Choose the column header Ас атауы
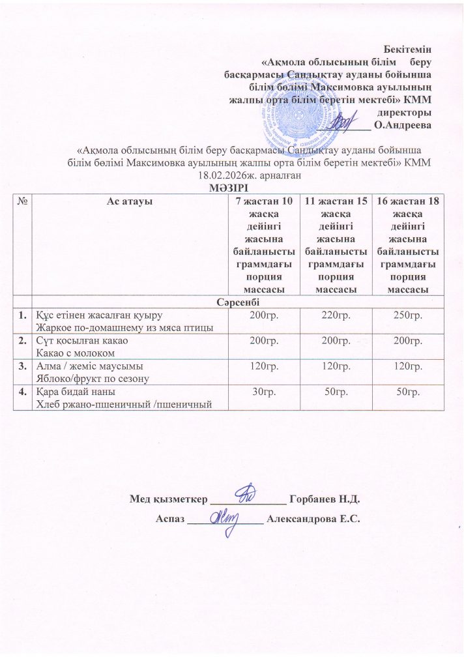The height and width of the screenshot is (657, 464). click(129, 201)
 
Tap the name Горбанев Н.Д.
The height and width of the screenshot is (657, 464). click(324, 499)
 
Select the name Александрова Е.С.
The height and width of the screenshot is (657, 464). click(314, 519)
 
